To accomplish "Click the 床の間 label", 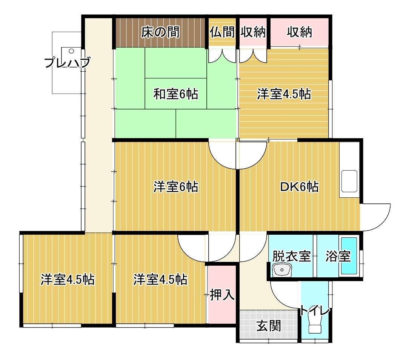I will (160, 33).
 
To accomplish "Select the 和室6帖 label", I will (175, 94).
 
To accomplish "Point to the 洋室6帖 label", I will (175, 186).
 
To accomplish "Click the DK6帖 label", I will (299, 186).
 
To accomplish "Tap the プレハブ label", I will (67, 63).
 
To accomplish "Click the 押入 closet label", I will (222, 294).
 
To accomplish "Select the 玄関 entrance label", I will (269, 325).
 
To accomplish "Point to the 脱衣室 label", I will (292, 257).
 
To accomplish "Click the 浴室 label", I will (338, 257).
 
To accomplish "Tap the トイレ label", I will (315, 311).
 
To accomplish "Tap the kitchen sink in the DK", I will (350, 181).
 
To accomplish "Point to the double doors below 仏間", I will (222, 56).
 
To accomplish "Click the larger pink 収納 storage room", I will (299, 33).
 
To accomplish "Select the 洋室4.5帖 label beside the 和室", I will (284, 94).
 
